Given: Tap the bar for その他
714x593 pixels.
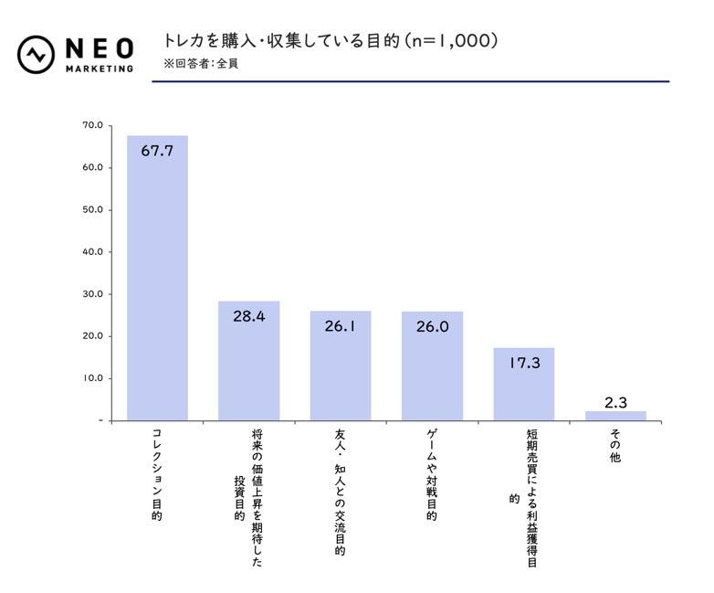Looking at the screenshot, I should [x=615, y=416].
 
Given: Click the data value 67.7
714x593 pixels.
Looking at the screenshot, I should [x=157, y=151].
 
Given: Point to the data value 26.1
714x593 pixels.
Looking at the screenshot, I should [x=341, y=325].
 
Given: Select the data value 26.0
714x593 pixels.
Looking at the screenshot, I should [x=432, y=326].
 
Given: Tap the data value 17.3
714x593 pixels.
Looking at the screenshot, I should [x=524, y=363].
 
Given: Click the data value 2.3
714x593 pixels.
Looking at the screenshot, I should [x=615, y=401].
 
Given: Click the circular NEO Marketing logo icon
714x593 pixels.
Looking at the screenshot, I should [x=36, y=54].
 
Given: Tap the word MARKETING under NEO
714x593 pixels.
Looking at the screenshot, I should [x=100, y=69].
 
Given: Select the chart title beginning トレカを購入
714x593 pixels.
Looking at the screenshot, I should [x=331, y=41].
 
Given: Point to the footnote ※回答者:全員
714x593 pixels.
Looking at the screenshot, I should [x=201, y=64].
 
